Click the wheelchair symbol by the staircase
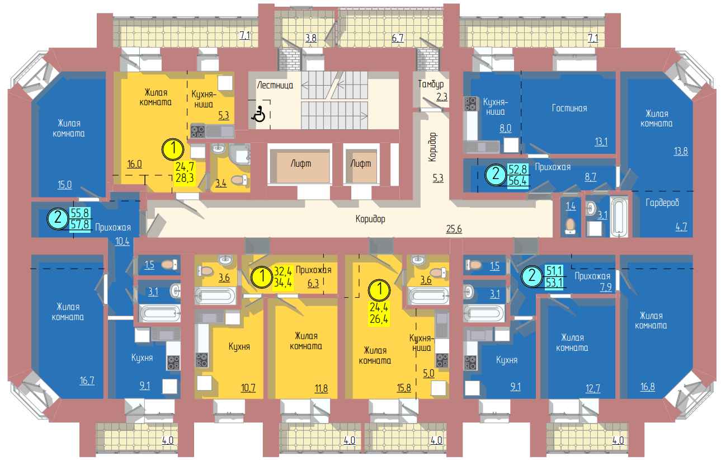pos(258,114)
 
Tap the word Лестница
pos(275,85)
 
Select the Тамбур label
pos(431,84)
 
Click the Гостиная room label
pos(569,108)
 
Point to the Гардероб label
pos(662,203)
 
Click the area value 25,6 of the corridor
pos(454,229)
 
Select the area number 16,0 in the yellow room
pos(135,164)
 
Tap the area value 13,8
pos(681,151)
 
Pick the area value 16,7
pos(87,381)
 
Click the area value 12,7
pos(592,388)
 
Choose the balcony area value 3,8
pos(311,38)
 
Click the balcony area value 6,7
pos(398,38)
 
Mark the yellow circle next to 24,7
pos(173,149)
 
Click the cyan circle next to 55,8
pos(58,218)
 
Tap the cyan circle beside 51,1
pos(532,276)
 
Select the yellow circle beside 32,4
pos(262,276)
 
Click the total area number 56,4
pos(517,181)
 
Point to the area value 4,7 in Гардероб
pos(681,227)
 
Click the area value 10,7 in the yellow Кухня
pos(248,387)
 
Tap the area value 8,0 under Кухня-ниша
pos(505,128)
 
